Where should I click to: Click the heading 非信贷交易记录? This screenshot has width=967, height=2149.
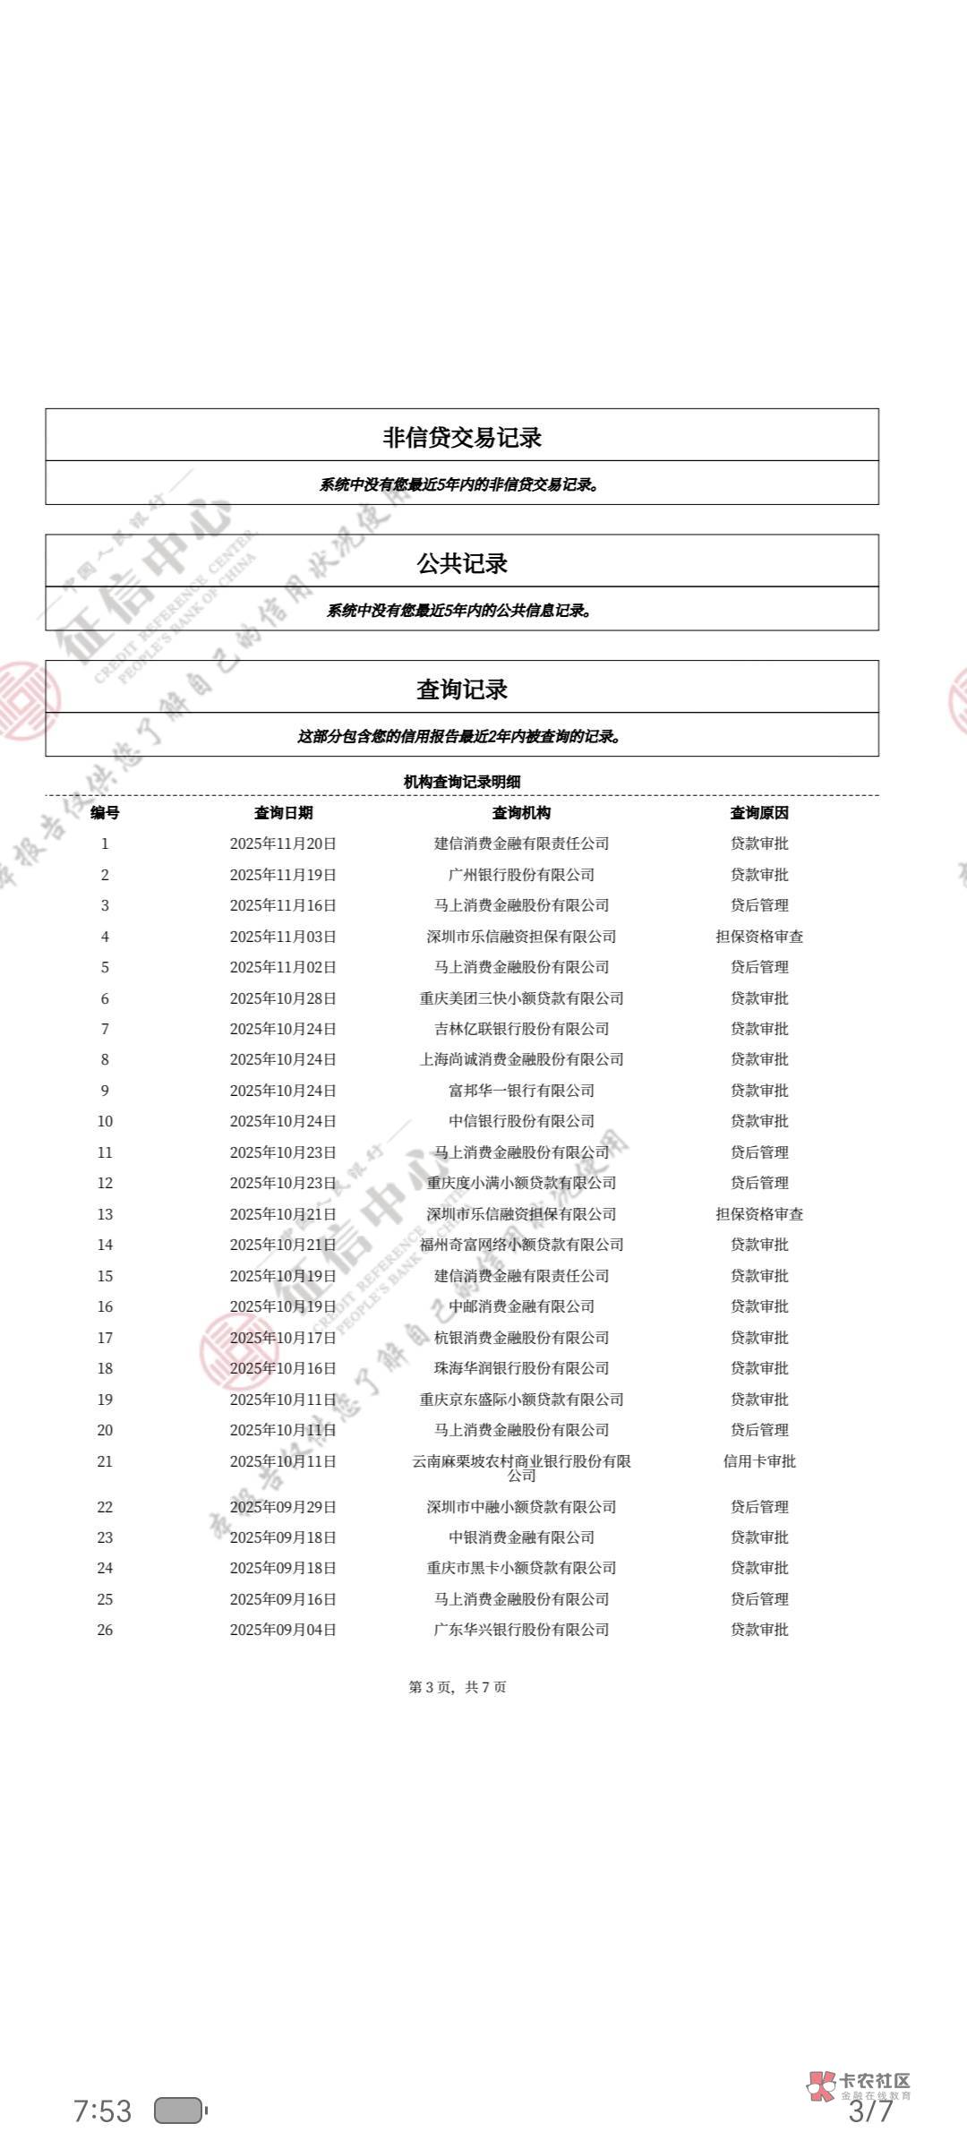coord(462,437)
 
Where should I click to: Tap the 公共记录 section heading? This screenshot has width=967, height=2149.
coord(462,563)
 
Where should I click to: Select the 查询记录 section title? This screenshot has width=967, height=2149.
coord(462,689)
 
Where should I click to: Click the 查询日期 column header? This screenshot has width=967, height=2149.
coord(283,813)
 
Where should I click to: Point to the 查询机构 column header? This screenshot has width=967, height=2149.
coord(521,813)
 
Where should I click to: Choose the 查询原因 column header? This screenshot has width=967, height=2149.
coord(759,813)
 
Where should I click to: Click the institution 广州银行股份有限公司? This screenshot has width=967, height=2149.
coord(521,875)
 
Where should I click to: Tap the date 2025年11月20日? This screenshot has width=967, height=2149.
coord(283,843)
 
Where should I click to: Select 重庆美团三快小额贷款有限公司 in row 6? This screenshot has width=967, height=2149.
coord(521,998)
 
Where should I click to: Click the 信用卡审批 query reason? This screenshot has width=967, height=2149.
coord(759,1461)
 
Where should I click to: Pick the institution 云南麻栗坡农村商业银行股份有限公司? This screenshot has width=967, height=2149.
coord(521,1468)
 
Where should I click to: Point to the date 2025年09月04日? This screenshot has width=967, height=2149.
coord(283,1630)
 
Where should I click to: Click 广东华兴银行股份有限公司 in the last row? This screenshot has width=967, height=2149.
coord(521,1630)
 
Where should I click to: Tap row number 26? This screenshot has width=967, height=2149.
coord(105,1630)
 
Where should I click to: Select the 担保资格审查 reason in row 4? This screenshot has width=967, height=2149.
coord(759,937)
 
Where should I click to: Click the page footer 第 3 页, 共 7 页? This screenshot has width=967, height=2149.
coord(458,1687)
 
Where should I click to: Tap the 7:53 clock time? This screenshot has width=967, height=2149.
coord(102,2111)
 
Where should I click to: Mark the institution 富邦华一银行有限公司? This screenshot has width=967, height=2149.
coord(521,1091)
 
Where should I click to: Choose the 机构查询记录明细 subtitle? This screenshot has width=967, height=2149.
coord(462,782)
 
